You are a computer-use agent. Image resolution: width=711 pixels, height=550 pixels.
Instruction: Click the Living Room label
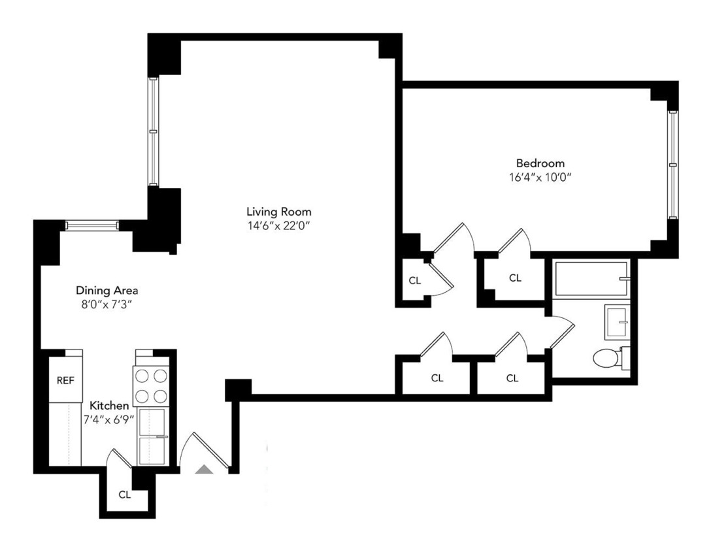278,212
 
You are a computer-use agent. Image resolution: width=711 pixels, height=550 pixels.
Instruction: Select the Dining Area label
107,291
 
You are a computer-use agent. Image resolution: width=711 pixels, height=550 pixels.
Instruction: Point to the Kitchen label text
109,406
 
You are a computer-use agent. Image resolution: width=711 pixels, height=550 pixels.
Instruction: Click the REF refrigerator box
65,380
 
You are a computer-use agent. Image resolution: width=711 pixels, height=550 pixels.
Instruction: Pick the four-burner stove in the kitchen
150,386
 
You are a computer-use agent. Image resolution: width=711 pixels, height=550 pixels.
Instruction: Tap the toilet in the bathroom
606,358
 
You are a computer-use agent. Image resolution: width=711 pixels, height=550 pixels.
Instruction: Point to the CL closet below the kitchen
125,494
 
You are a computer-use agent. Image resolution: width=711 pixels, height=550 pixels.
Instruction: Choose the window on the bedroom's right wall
672,164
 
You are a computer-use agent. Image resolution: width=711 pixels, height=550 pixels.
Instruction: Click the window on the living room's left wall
153,131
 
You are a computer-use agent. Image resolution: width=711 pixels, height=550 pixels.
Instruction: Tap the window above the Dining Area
91,225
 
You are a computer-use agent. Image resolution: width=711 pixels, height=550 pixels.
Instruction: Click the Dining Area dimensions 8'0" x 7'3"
107,304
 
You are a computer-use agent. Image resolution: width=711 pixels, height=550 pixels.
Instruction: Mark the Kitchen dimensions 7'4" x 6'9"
108,420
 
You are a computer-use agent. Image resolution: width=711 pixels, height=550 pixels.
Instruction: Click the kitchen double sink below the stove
152,436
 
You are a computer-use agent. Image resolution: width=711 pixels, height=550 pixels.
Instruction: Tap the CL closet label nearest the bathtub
515,278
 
